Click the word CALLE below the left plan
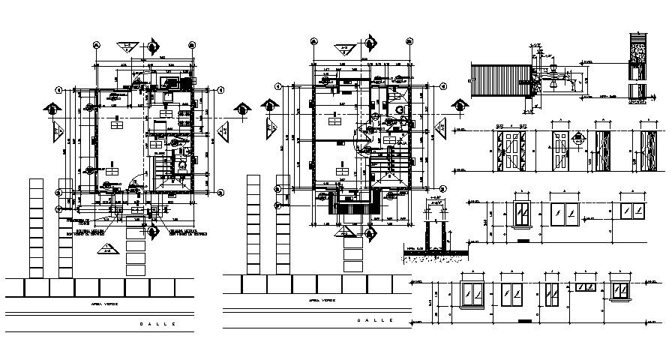point(157,323)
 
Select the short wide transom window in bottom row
point(584,286)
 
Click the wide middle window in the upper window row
point(568,214)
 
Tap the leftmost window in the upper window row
point(522,214)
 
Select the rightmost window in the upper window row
point(634,213)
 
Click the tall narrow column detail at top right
point(638,67)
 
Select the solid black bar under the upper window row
point(523,241)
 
